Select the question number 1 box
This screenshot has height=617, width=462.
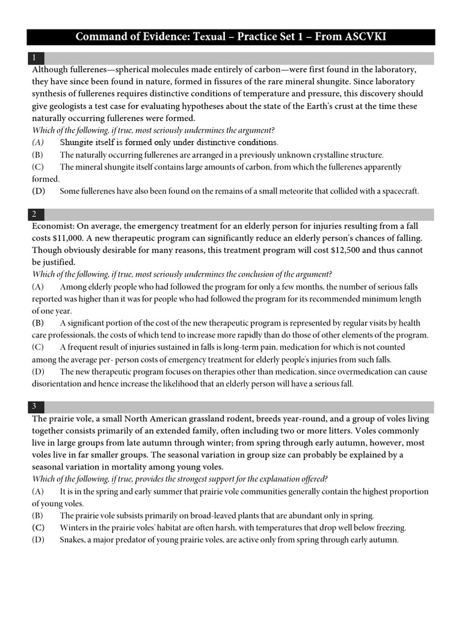point(36,58)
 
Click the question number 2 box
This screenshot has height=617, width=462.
point(36,214)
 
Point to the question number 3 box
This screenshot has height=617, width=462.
point(36,407)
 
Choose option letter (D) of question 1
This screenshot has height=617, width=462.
point(38,191)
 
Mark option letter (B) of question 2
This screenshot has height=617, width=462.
point(38,323)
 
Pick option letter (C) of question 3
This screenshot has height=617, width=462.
point(38,528)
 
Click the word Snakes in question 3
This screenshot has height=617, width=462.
point(73,540)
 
